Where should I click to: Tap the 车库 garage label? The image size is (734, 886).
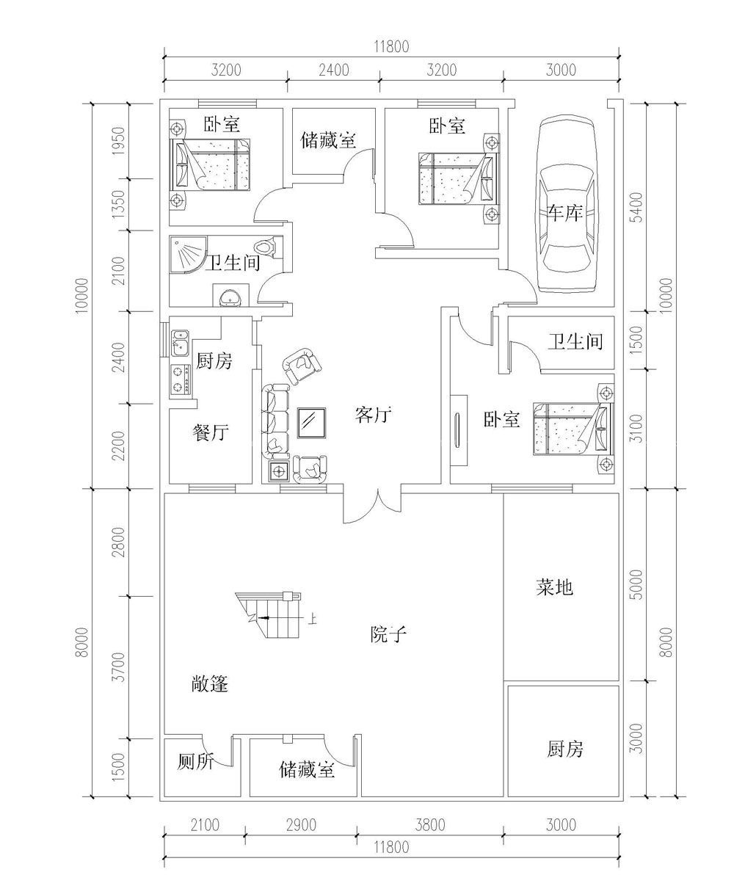(564, 214)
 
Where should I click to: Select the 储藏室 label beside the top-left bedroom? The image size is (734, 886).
(328, 140)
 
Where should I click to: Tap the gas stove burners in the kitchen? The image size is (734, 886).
(180, 379)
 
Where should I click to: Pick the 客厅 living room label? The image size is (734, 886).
(372, 415)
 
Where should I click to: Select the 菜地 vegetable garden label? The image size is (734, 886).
(554, 587)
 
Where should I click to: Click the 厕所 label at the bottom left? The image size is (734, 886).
(195, 763)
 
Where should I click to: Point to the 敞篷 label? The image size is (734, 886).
(210, 685)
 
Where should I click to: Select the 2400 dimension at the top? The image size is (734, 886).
(333, 70)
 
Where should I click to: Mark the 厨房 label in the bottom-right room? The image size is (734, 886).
(565, 749)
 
